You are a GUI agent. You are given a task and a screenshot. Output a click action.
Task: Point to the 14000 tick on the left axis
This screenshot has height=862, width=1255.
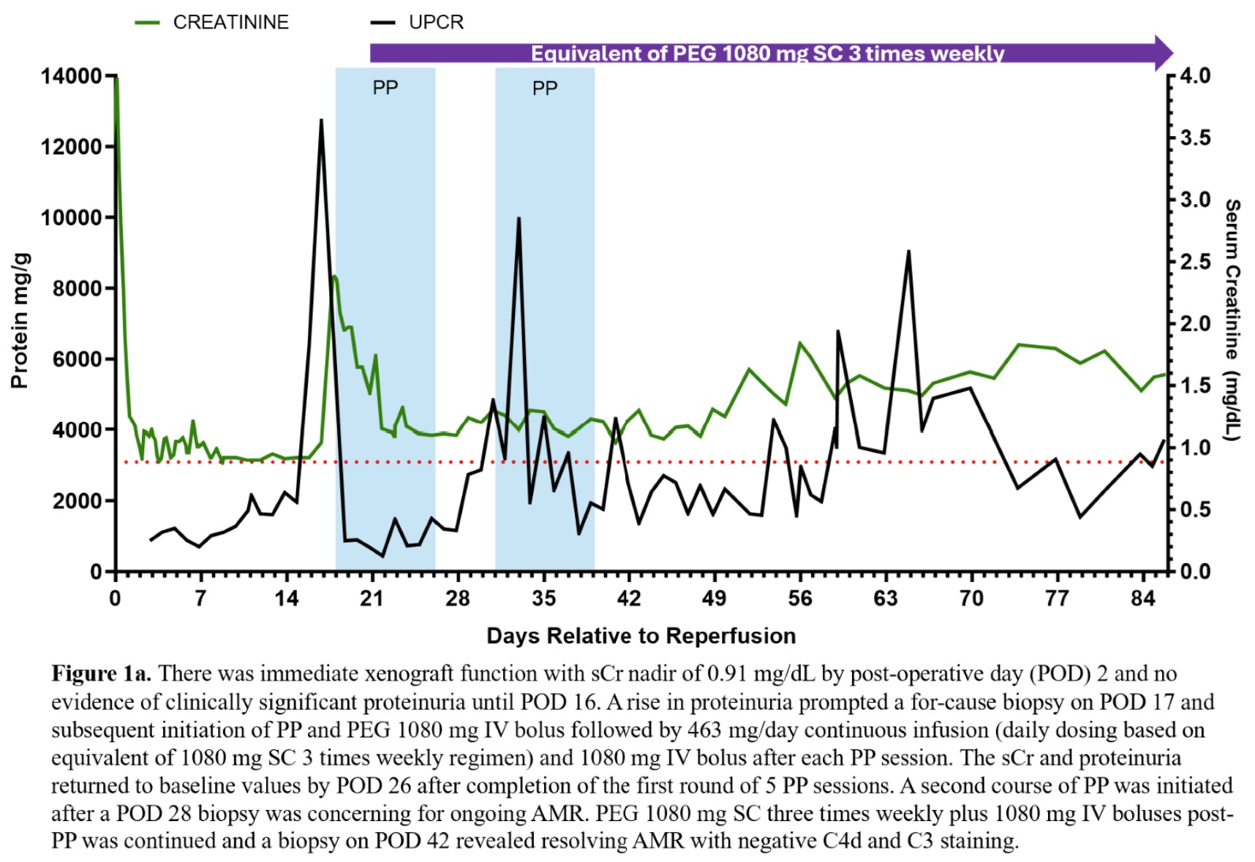(71, 76)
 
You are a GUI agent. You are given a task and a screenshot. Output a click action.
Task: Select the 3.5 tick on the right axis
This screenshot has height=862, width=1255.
(1195, 138)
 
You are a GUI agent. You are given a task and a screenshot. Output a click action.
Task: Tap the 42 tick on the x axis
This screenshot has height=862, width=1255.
(629, 599)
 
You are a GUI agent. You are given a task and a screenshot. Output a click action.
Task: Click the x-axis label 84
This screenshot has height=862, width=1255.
(1142, 599)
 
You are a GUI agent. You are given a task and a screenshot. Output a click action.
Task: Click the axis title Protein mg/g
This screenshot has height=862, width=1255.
(20, 321)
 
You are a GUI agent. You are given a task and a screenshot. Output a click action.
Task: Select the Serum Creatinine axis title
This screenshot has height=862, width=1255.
(1232, 320)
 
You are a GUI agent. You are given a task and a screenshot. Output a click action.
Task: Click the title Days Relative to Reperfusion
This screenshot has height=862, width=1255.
(641, 636)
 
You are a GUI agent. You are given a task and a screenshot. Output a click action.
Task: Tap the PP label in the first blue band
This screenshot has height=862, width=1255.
(385, 88)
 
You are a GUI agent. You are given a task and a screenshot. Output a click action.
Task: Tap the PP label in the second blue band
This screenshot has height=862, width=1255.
(545, 88)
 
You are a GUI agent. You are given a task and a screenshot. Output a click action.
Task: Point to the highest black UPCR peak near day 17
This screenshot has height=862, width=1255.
(321, 121)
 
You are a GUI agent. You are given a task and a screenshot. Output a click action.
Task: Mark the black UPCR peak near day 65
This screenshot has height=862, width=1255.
(908, 252)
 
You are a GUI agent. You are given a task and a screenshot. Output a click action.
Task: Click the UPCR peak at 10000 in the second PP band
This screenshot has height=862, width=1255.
(519, 219)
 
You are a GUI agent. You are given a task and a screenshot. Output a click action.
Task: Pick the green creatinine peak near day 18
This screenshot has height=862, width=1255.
(333, 276)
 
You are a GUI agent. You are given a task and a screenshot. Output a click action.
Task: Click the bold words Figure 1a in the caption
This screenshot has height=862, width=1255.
(101, 673)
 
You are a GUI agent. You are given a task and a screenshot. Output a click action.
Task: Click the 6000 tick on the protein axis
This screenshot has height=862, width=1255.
(77, 359)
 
